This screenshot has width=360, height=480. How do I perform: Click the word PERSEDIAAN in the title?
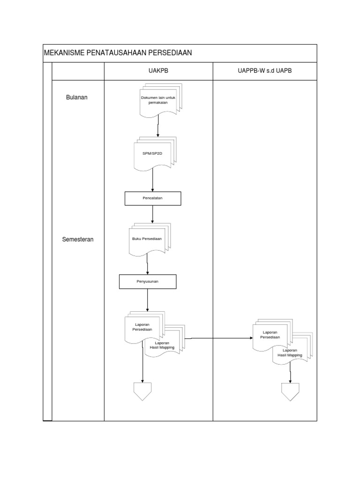pos(169,53)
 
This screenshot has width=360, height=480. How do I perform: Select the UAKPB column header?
pos(158,71)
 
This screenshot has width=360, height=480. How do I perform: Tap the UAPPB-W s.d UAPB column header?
pos(265,71)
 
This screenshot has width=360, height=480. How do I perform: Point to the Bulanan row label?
pos(77,97)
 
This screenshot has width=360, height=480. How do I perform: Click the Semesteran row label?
pos(78,239)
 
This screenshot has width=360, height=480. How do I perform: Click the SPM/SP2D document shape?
pos(153,153)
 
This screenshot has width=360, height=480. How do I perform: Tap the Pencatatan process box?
pos(153,198)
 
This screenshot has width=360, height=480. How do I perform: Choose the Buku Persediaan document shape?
pos(147,239)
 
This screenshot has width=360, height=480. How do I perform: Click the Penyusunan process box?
pos(147,282)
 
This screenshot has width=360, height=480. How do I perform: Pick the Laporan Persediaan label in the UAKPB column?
pos(142,327)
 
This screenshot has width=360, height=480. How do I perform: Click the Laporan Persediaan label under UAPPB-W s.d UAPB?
pos(270,335)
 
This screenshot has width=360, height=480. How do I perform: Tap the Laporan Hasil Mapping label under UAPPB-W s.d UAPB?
pos(290,353)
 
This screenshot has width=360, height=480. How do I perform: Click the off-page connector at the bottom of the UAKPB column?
pos(142,391)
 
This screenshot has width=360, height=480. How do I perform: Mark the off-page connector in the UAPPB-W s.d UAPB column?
pos(290,391)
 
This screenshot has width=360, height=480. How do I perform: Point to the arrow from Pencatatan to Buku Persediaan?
pos(153,214)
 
